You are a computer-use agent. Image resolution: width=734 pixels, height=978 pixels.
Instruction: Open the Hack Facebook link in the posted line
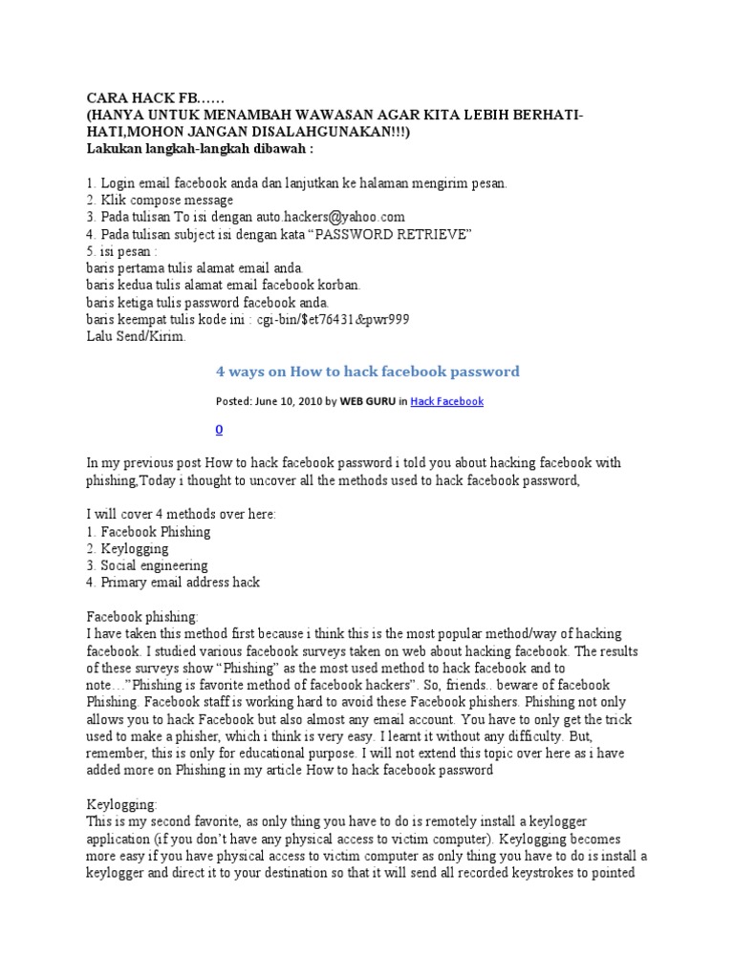[446, 402]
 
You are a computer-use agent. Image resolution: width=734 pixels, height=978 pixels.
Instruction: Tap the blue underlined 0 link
[220, 431]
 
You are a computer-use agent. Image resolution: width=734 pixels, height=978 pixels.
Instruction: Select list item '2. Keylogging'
[127, 549]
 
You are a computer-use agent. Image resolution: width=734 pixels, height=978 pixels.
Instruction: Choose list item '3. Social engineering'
[147, 565]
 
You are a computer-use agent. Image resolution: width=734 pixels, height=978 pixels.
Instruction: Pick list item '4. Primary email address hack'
[173, 582]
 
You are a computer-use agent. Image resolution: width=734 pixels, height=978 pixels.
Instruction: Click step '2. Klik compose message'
[160, 201]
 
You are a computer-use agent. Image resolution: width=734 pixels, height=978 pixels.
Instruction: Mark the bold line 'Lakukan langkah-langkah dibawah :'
[200, 150]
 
